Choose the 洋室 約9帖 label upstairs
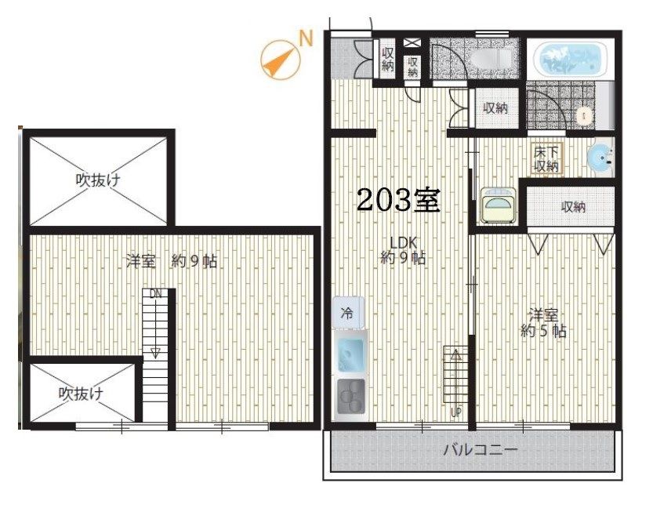click(x=172, y=262)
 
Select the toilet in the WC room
click(x=584, y=116)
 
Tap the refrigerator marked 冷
click(x=346, y=313)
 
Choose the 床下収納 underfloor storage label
click(x=546, y=158)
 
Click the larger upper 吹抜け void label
click(x=98, y=180)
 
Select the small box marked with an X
click(x=414, y=42)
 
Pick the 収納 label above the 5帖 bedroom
click(x=572, y=207)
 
